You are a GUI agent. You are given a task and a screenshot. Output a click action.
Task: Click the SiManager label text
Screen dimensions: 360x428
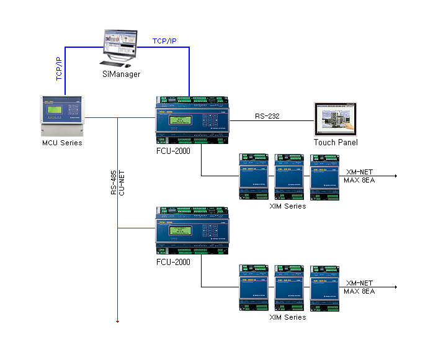(x=122, y=74)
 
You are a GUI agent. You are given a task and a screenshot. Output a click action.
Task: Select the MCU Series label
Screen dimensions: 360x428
(x=61, y=143)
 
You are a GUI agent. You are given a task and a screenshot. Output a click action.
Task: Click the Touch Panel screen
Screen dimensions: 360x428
(x=337, y=119)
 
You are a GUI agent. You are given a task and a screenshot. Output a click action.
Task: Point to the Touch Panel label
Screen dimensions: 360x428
(x=336, y=143)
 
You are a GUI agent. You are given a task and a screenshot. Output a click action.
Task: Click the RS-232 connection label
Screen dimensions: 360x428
(x=267, y=116)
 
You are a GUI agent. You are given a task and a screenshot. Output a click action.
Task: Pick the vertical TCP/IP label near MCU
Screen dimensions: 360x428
(x=59, y=69)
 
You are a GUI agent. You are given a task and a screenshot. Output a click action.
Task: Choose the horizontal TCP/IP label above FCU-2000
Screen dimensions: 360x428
(x=164, y=41)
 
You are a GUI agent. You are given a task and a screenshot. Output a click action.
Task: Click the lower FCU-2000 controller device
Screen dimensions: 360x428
(x=192, y=228)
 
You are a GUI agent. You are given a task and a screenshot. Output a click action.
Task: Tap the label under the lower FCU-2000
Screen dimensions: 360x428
(x=173, y=262)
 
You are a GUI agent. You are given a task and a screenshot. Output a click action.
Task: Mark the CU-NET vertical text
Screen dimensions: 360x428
(x=122, y=184)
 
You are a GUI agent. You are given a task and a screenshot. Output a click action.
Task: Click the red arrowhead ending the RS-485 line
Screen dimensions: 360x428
(x=117, y=322)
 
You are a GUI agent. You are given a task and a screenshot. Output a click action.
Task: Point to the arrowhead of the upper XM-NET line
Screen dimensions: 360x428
(x=395, y=176)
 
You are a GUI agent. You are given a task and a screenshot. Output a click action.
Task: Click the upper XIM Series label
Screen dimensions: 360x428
(x=287, y=206)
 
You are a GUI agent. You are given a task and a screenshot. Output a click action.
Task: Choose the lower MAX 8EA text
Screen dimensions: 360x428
(x=359, y=291)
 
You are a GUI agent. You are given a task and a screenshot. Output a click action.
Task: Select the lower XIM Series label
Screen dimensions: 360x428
(x=287, y=317)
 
